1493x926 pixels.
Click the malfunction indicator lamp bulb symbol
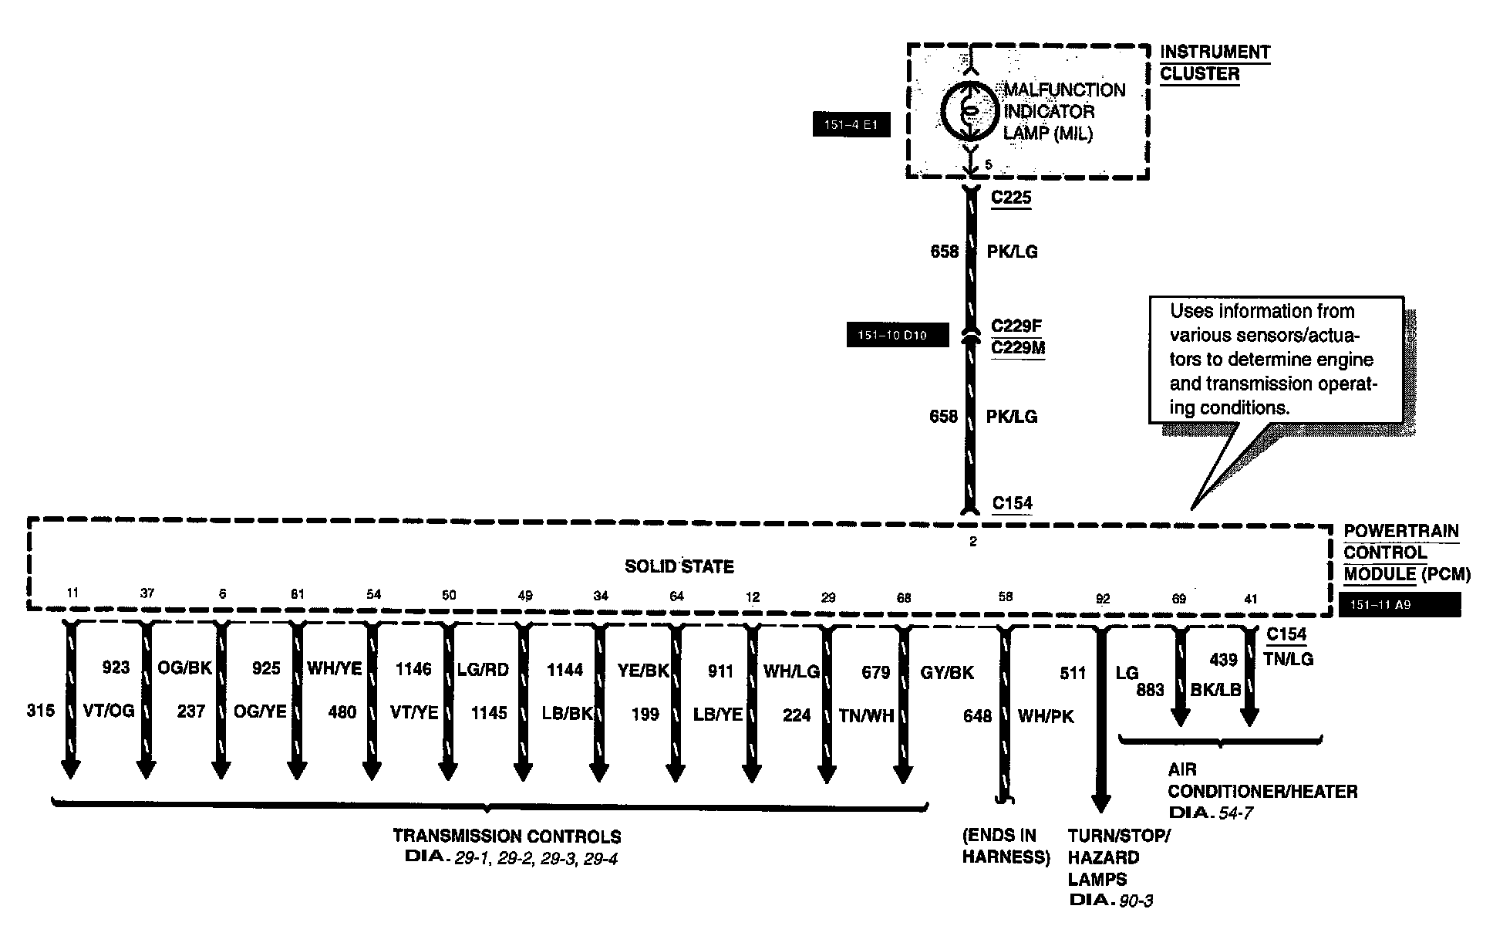970,111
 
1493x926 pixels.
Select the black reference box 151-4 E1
851,124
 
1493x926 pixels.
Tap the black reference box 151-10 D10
897,336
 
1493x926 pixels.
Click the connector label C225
1011,198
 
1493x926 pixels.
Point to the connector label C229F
1016,326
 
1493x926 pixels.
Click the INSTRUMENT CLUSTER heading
1215,63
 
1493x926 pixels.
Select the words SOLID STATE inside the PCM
679,566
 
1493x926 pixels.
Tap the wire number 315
41,711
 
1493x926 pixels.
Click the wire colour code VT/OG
109,711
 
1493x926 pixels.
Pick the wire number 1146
413,669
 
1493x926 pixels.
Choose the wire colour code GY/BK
947,672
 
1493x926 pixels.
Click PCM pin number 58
1005,596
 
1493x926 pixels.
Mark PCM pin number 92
1103,598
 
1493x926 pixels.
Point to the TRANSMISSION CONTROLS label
507,836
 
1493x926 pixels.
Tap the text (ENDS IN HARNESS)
1006,846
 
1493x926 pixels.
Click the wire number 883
1150,690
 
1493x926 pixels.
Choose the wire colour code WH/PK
1046,716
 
